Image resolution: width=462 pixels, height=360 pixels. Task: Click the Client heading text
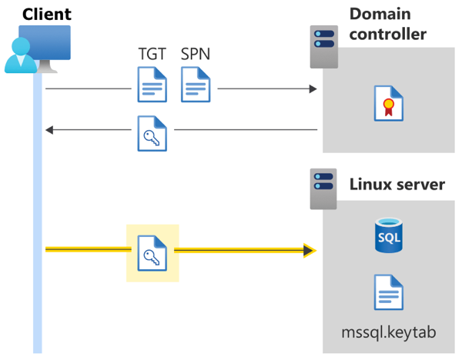pos(47,14)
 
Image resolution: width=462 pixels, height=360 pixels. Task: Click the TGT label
pos(151,55)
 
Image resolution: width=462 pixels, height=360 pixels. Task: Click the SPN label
pos(196,55)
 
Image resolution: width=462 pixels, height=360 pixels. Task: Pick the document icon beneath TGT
pos(152,85)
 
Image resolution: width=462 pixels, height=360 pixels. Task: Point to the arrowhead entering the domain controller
pos(312,89)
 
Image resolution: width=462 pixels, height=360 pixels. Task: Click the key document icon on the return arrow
pos(152,132)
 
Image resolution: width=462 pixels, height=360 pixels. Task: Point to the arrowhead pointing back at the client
pos(50,131)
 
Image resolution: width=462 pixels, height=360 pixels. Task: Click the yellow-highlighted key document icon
pos(152,253)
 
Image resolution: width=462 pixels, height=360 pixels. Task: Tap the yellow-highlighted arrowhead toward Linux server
pos(310,250)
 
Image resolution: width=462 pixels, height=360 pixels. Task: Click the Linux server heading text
pos(397,185)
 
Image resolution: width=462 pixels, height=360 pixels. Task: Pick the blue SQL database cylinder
pos(389,235)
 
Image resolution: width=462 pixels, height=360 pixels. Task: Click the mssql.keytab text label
pos(389,333)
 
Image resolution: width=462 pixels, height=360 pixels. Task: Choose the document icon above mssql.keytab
pos(389,292)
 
